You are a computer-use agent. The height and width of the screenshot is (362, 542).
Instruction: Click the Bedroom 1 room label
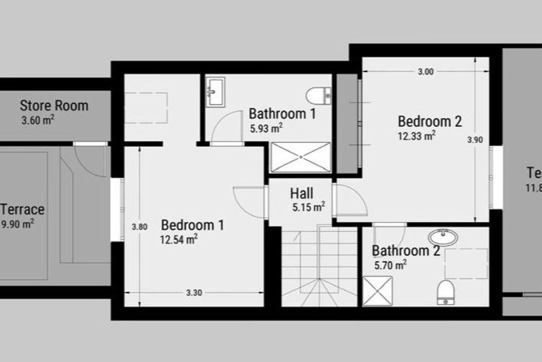pos(193,225)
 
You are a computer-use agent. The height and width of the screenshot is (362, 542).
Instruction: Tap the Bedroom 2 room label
pos(430,121)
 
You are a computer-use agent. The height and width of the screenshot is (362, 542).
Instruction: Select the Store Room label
pos(54,105)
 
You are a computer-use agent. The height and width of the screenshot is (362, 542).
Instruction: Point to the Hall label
pos(302,193)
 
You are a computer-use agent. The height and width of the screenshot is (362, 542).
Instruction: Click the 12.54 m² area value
pos(179,239)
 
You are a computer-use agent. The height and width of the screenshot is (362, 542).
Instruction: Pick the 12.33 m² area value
pos(417,135)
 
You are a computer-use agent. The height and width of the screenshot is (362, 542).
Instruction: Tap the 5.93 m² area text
pos(266,128)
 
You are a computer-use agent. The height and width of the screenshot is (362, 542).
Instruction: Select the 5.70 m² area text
pos(390,264)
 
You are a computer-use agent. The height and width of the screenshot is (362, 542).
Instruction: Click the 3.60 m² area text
pos(37,119)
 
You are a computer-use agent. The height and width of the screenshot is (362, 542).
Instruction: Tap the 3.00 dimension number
pos(425,72)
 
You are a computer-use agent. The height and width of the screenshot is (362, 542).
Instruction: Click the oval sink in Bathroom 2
pos(443,238)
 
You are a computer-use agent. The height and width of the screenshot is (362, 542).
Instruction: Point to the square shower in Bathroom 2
pos(378,290)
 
